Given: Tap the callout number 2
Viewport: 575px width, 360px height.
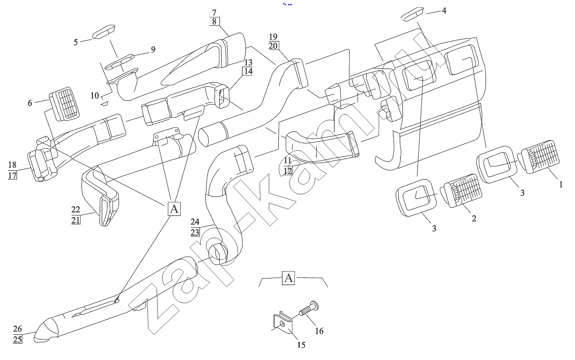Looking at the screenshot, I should tap(473, 218).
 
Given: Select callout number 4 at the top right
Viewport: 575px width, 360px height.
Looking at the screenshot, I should tap(444, 10).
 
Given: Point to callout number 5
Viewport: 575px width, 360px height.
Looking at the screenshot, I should tap(76, 42).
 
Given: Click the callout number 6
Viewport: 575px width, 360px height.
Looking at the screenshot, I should tap(30, 103).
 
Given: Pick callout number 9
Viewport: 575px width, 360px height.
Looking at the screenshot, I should tap(153, 49).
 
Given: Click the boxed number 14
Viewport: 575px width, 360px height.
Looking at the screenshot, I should tap(248, 71).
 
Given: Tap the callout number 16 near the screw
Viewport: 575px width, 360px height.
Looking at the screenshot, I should tap(319, 331).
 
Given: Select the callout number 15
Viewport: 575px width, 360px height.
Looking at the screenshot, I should tap(301, 345).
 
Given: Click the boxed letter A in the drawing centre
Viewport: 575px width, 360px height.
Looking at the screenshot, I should tap(174, 209).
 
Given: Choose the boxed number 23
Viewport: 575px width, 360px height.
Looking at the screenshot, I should tap(195, 232).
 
